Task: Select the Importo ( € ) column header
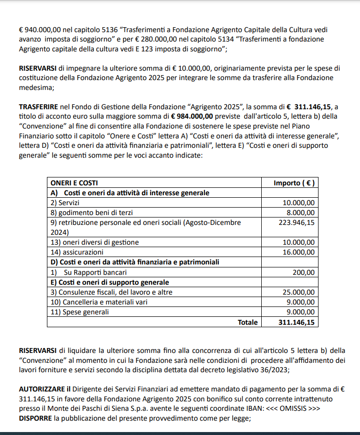point(294,183)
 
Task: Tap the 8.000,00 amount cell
point(301,213)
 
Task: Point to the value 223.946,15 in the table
point(296,222)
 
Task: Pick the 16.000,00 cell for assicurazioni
point(298,252)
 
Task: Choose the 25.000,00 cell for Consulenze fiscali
point(298,292)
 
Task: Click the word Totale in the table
point(247,322)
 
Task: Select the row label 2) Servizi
point(65,203)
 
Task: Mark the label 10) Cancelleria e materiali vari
point(99,302)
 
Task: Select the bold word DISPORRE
point(36,419)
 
